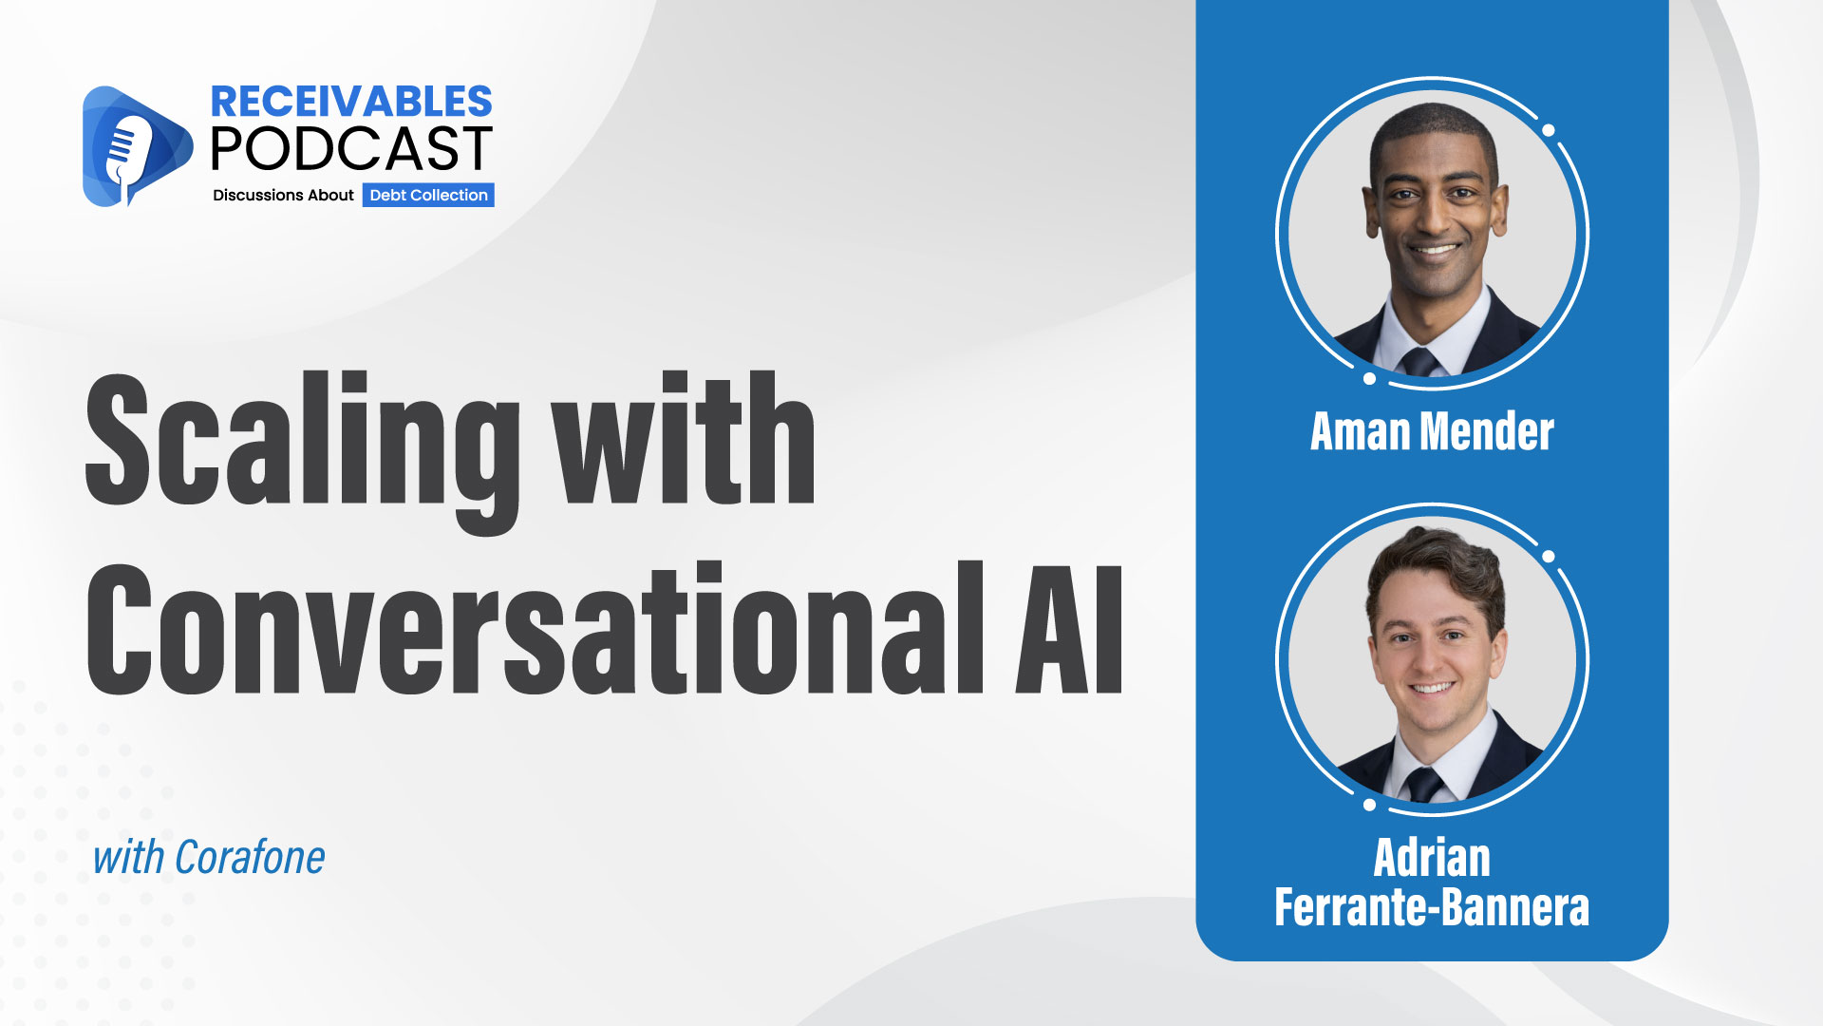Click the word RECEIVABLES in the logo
350,102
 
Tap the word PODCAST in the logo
350,149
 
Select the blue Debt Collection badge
428,195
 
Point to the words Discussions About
283,195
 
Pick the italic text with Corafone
209,858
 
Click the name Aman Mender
1432,431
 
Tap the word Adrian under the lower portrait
1432,858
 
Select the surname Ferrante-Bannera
1432,907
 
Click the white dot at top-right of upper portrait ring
1549,130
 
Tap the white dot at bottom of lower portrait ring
1369,805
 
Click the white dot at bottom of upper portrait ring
1369,378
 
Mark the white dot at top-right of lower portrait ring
1549,556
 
